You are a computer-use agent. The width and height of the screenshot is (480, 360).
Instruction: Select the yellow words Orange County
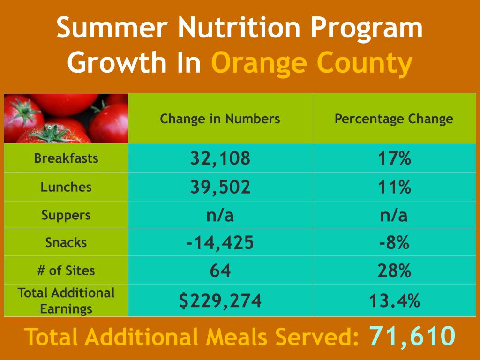[312, 63]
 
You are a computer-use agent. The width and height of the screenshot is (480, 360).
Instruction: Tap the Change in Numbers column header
[220, 119]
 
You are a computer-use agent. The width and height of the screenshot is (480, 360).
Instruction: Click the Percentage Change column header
[394, 119]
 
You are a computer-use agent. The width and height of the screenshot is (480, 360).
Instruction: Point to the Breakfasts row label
[66, 158]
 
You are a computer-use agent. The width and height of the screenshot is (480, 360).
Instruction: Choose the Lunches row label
[66, 187]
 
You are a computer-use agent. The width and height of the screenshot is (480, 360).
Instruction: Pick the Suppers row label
[66, 215]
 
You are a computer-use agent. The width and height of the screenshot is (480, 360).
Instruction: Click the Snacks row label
[66, 242]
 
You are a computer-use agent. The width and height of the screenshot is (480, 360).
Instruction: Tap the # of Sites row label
[66, 270]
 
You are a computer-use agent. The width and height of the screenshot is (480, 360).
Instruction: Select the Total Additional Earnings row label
[66, 300]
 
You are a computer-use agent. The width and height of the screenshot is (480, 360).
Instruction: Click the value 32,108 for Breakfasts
[220, 158]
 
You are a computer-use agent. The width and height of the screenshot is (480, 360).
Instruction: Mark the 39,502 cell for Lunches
[220, 187]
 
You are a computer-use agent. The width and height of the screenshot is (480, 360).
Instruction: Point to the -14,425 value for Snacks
[220, 243]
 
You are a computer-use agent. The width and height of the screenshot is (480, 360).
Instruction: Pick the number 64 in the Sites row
[220, 270]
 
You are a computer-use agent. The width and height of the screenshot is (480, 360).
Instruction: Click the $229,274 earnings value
[220, 300]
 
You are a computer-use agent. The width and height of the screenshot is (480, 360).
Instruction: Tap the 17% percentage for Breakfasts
[394, 158]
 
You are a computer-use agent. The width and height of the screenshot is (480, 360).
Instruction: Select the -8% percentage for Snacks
[394, 243]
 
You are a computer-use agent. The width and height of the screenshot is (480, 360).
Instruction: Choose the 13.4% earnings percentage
[394, 300]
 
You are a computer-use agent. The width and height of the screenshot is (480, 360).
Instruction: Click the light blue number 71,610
[412, 336]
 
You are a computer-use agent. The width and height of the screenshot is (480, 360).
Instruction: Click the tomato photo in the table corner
[66, 118]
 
